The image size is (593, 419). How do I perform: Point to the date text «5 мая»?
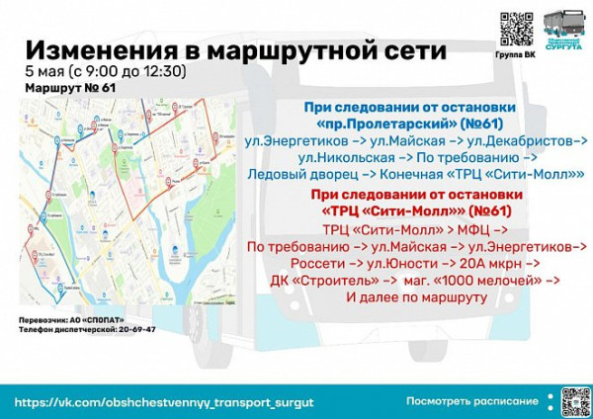click(46, 71)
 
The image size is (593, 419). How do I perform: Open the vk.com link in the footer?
click(164, 402)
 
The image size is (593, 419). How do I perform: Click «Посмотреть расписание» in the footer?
click(472, 401)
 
